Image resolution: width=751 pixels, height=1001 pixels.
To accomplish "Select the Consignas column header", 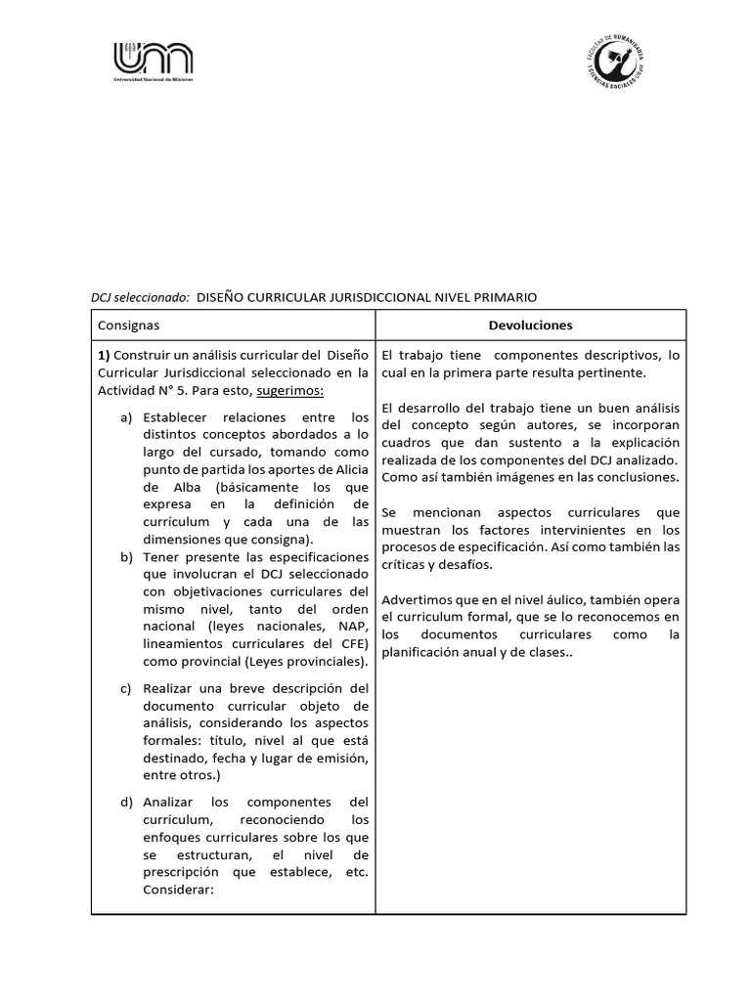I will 128,326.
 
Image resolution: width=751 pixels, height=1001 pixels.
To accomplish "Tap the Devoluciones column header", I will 530,326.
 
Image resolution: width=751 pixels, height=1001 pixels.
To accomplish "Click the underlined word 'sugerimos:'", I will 289,391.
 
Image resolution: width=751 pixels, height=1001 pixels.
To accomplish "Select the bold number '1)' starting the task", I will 105,354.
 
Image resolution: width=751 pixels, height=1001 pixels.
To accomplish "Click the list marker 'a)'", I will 126,418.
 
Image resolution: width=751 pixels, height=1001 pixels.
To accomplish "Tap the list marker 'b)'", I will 126,556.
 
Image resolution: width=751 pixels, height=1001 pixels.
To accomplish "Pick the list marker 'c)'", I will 126,688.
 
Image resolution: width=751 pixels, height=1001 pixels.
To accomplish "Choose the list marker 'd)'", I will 126,802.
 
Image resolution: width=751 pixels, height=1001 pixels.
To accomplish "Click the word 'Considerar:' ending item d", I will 178,890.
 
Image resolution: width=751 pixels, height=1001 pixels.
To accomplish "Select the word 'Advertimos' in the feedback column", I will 417,598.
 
